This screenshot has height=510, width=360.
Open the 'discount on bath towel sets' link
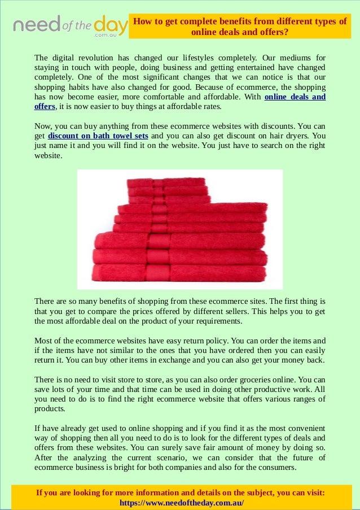tap(98, 136)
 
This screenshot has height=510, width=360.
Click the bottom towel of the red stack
tap(179, 273)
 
